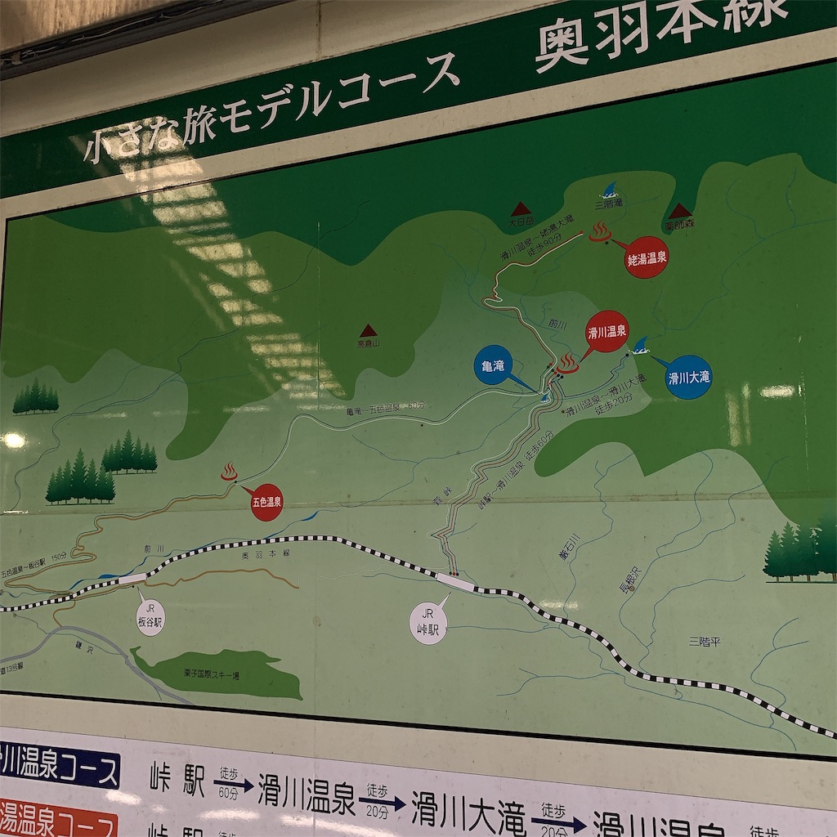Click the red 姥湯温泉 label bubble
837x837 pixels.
[646, 257]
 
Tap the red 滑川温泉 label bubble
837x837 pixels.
[606, 331]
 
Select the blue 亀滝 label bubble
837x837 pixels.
[493, 365]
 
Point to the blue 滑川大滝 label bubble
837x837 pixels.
[688, 377]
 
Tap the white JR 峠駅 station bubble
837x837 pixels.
[428, 625]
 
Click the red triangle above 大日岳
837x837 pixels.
[521, 208]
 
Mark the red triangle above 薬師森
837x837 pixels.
[680, 211]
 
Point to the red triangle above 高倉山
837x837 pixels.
[369, 330]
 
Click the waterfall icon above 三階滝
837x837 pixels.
[609, 191]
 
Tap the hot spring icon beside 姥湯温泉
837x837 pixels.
[600, 232]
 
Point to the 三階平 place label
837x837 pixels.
[704, 641]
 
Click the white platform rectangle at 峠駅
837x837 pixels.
[454, 582]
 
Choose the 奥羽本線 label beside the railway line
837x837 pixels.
[266, 555]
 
